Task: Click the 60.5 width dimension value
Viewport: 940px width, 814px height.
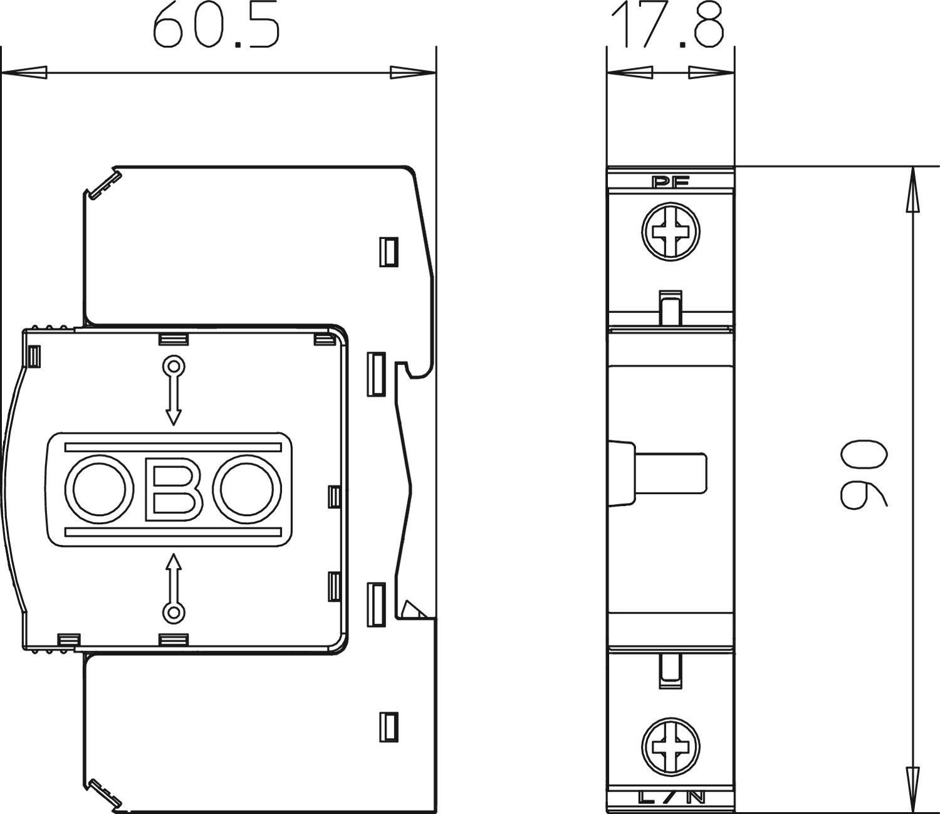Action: (215, 26)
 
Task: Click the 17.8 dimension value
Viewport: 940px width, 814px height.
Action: (667, 26)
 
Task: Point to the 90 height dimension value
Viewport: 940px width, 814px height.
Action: (863, 473)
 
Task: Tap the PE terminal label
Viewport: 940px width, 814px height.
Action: (671, 182)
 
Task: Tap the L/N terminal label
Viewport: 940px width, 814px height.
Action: (671, 796)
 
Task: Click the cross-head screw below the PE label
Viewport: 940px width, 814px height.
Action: (671, 231)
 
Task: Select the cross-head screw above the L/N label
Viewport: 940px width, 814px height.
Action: (671, 747)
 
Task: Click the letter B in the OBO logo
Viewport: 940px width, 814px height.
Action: (173, 489)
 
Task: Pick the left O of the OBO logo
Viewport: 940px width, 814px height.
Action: (100, 489)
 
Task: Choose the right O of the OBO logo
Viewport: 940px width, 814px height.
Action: (247, 489)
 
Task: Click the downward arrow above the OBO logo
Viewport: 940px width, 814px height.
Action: (173, 391)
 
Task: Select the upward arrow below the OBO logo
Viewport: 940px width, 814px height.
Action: (173, 588)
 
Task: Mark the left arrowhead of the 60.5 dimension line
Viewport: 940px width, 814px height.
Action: (24, 73)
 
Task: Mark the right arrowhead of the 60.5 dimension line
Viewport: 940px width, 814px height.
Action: (413, 73)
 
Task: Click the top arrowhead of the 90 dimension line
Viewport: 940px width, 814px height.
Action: (910, 190)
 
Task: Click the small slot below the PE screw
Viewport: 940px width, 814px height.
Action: (671, 308)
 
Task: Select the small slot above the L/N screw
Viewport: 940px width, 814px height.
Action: (671, 670)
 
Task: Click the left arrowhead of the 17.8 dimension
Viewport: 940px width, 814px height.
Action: (630, 73)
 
